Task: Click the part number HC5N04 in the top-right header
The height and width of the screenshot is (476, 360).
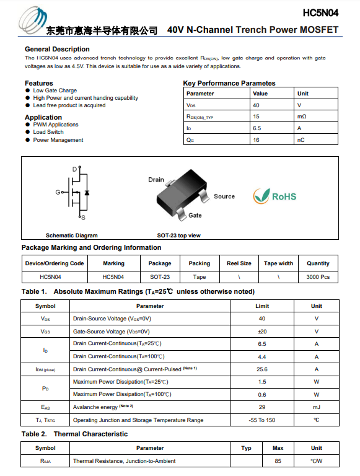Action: click(320, 12)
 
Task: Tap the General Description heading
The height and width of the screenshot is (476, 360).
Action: click(57, 49)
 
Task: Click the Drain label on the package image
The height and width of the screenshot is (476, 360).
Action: click(156, 180)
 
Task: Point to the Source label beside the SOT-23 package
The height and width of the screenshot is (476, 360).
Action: click(224, 196)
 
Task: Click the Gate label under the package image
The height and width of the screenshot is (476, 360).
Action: click(195, 215)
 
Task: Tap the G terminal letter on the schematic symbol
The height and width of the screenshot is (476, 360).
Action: click(58, 192)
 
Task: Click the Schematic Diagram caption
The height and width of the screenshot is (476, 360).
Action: click(72, 236)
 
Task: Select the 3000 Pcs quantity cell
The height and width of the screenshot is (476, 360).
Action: click(318, 277)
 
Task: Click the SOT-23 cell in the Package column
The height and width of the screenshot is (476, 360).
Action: click(160, 277)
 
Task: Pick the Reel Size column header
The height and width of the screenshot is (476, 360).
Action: click(239, 263)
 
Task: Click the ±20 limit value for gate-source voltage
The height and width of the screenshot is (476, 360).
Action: click(262, 331)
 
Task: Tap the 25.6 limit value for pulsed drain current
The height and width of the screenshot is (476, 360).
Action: click(262, 369)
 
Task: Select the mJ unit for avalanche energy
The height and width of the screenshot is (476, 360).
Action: click(317, 407)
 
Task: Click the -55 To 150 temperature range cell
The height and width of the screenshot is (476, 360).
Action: click(262, 420)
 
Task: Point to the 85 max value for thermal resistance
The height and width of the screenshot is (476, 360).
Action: click(278, 461)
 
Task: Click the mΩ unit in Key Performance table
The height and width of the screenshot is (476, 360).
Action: click(302, 117)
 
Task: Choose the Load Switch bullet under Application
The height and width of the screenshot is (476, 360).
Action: click(48, 132)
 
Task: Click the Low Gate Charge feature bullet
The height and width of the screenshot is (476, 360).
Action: click(55, 90)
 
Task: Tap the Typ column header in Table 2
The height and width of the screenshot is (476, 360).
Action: click(246, 448)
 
